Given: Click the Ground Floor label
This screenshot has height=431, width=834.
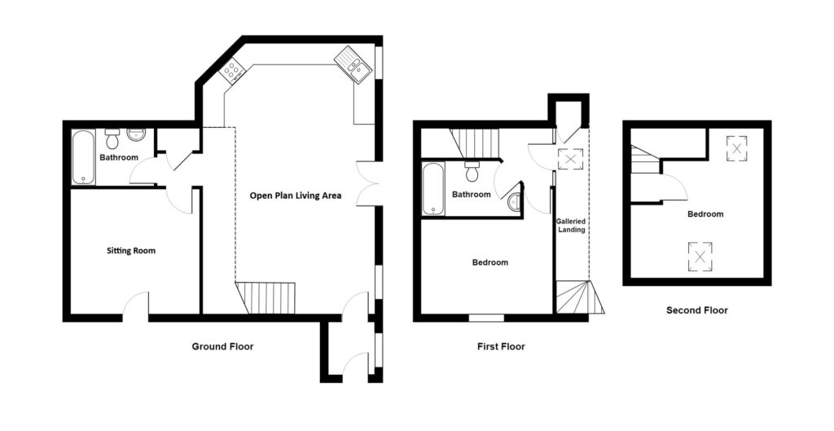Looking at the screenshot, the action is pyautogui.click(x=222, y=347).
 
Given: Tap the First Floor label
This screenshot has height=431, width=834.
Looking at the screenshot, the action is pyautogui.click(x=501, y=347).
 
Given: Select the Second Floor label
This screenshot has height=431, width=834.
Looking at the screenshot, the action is pyautogui.click(x=697, y=310).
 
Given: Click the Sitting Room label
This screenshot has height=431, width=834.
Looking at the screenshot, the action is pyautogui.click(x=131, y=251).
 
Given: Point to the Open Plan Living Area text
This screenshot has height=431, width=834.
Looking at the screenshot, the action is pyautogui.click(x=296, y=196).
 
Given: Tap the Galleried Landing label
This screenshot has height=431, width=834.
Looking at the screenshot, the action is pyautogui.click(x=571, y=226).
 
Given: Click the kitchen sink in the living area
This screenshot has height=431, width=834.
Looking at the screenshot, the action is pyautogui.click(x=353, y=64).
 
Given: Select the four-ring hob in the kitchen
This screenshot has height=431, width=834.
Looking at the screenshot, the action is pyautogui.click(x=232, y=71).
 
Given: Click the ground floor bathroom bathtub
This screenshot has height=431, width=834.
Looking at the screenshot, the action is pyautogui.click(x=84, y=157).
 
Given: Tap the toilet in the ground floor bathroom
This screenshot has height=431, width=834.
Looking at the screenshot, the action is pyautogui.click(x=112, y=139).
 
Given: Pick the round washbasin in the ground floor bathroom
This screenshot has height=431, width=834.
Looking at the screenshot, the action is pyautogui.click(x=136, y=135).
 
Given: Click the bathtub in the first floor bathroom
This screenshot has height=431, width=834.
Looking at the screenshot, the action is pyautogui.click(x=433, y=189).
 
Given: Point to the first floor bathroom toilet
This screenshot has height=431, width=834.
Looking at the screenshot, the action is pyautogui.click(x=472, y=171).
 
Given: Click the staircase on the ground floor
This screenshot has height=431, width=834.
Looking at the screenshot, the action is pyautogui.click(x=266, y=298).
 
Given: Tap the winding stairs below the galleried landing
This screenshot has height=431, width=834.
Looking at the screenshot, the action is pyautogui.click(x=580, y=297).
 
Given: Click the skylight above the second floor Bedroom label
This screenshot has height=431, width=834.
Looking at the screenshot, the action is pyautogui.click(x=736, y=148).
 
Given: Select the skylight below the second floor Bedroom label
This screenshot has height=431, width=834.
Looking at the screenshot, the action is pyautogui.click(x=700, y=257).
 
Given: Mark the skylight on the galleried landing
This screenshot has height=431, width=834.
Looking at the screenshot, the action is pyautogui.click(x=570, y=159).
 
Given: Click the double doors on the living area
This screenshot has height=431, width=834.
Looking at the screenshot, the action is pyautogui.click(x=367, y=183).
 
